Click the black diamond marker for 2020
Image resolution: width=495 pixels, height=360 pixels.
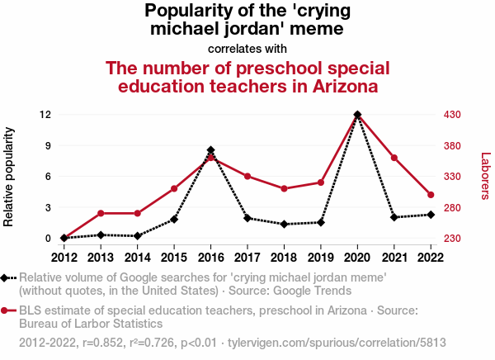(x=357, y=115)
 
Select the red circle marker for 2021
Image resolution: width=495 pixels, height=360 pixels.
(x=394, y=158)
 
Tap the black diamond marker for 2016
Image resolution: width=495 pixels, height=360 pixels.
(x=211, y=150)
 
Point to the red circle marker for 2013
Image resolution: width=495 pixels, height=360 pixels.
(x=101, y=213)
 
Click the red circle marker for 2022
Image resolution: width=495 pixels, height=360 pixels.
(x=431, y=195)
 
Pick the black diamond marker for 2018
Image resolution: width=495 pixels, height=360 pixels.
(x=284, y=224)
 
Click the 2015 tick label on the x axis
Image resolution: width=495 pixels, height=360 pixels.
(x=174, y=257)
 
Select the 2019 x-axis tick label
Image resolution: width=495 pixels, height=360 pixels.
(x=321, y=257)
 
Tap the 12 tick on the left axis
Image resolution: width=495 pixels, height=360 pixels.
(x=46, y=114)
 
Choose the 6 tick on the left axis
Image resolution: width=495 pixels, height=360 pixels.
(x=49, y=176)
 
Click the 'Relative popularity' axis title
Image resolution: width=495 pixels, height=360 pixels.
(x=10, y=177)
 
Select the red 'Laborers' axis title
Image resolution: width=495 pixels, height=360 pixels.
(x=485, y=176)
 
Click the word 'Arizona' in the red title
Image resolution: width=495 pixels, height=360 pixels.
(x=337, y=86)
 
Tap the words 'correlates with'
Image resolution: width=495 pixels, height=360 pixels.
(x=247, y=48)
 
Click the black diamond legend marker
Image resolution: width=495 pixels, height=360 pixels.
(x=7, y=278)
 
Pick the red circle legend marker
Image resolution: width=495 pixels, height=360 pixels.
(x=7, y=311)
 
